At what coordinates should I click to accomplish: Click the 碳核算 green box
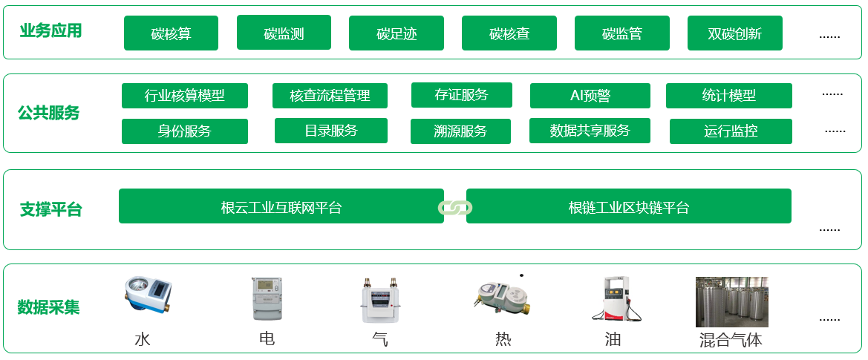171,33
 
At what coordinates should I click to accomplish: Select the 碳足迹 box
397,33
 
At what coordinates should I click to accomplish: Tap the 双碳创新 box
734,33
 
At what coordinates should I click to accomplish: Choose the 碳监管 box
622,33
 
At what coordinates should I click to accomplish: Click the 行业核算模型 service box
185,96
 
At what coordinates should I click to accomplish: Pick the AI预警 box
590,96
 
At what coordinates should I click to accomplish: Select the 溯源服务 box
460,131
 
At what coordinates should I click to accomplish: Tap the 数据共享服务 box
590,131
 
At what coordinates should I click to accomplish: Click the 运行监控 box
731,131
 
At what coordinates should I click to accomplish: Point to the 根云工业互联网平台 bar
281,206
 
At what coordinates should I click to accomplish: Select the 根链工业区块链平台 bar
629,206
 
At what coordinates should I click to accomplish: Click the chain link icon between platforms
455,207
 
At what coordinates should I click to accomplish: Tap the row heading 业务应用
50,31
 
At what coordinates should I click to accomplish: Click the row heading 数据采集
49,307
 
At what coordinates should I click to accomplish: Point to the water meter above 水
147,295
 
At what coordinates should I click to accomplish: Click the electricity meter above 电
267,298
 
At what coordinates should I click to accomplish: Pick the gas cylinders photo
732,302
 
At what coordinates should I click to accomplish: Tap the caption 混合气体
731,339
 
